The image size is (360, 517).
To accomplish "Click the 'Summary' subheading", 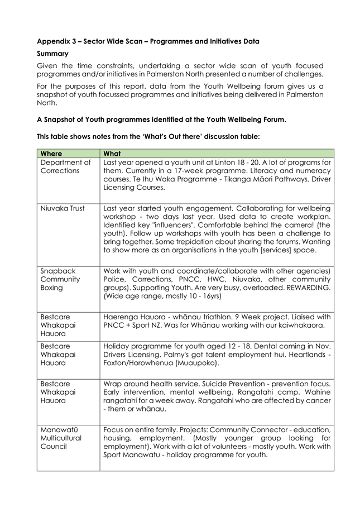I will coord(52,54).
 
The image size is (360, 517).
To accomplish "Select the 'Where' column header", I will coord(51,154).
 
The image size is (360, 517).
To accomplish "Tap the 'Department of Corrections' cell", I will coord(65,166).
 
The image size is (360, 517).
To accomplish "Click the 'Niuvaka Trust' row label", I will coord(62,208).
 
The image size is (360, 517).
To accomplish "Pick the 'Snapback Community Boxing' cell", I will coord(60,279).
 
